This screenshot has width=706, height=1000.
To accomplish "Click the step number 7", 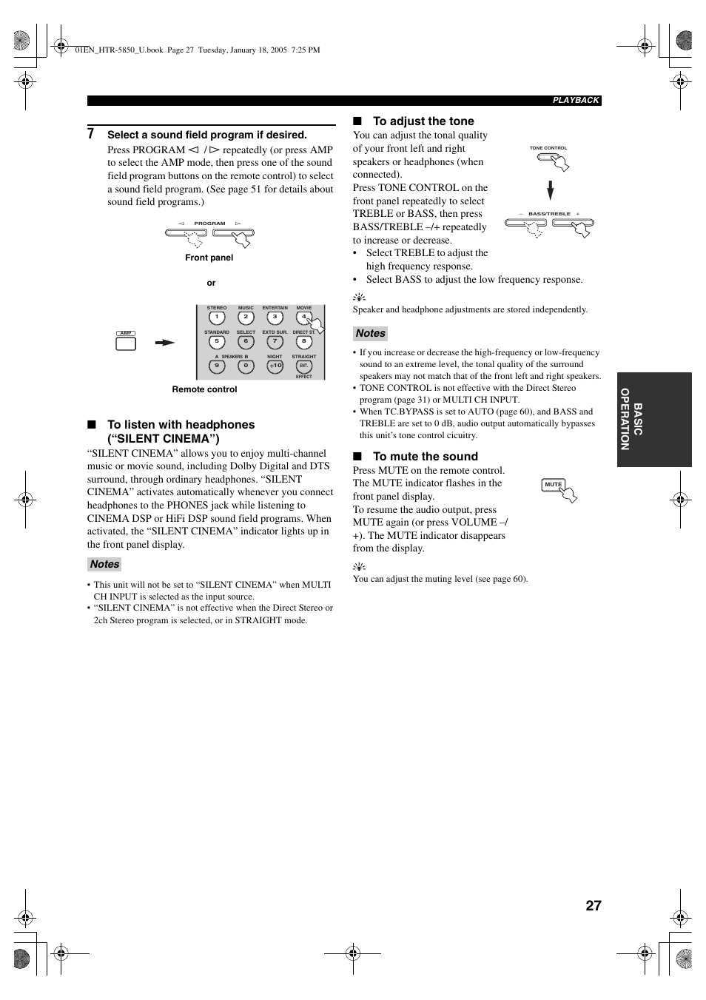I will [x=91, y=134].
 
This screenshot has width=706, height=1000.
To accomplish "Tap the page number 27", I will [x=593, y=906].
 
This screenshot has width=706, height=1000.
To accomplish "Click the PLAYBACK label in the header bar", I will [x=576, y=101].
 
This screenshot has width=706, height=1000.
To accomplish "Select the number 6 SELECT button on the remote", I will [x=246, y=342].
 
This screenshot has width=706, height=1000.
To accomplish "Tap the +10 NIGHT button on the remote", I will [x=275, y=366].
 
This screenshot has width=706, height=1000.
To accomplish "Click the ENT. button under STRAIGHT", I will [x=303, y=366].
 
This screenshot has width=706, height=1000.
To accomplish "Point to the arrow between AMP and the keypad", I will [x=164, y=343].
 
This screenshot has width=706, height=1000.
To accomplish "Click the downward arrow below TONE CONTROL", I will [x=550, y=190].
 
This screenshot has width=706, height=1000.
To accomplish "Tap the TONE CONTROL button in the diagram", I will [x=549, y=158].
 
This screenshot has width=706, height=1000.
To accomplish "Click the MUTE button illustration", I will [x=554, y=485].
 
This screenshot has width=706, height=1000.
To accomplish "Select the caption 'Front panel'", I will [x=209, y=258].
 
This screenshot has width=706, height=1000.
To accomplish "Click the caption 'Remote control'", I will [x=204, y=389].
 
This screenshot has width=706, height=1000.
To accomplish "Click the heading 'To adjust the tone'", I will [x=423, y=121].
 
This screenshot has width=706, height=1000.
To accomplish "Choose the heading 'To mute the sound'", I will [x=426, y=457].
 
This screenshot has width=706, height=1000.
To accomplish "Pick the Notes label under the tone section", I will [x=370, y=333].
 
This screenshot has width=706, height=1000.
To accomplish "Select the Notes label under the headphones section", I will [x=104, y=564].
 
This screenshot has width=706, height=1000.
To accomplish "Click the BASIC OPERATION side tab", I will [x=653, y=420].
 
